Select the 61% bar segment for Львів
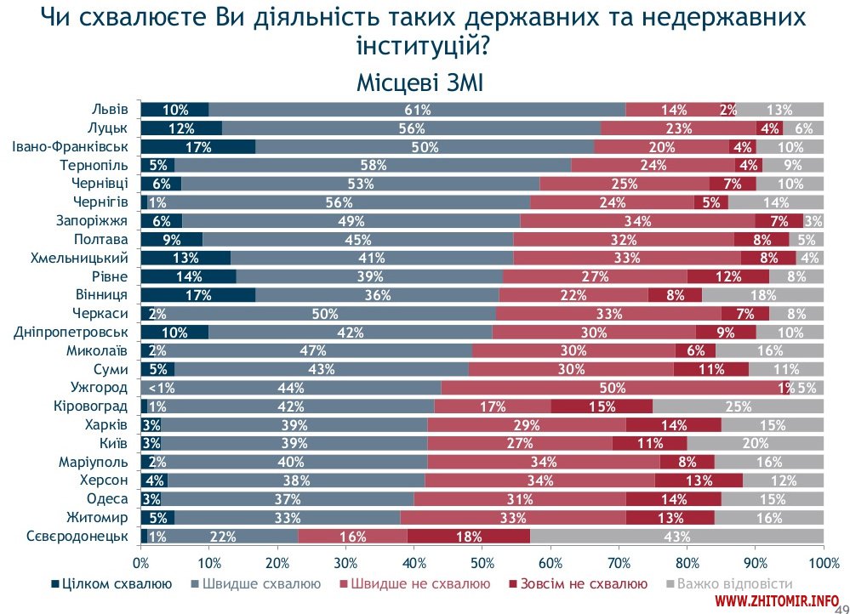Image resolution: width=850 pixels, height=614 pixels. click(x=417, y=109)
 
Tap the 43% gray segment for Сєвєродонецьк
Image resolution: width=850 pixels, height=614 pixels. click(x=676, y=537)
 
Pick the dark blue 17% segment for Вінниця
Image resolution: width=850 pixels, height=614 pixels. click(x=197, y=295)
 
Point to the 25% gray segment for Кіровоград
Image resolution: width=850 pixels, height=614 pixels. click(x=738, y=406)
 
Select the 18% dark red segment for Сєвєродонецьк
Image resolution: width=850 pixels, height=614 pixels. click(x=468, y=537)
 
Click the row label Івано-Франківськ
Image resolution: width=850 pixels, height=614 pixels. click(x=71, y=146)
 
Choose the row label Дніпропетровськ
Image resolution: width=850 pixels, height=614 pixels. click(x=71, y=333)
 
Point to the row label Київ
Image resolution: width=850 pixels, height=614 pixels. click(x=114, y=444)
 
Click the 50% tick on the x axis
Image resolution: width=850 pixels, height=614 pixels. click(x=482, y=562)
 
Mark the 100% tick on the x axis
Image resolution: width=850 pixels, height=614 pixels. click(x=823, y=562)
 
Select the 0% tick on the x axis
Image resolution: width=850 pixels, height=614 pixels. click(x=141, y=562)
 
